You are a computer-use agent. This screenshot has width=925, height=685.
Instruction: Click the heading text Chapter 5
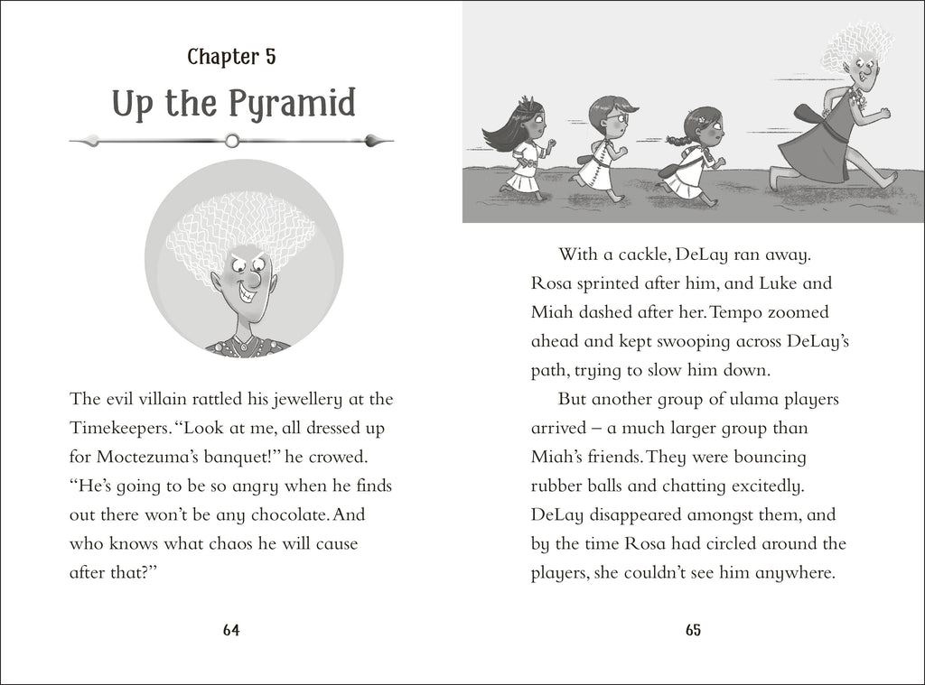(x=231, y=57)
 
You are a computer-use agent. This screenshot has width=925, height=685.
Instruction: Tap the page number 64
(x=230, y=631)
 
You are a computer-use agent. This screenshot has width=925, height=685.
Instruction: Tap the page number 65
(x=693, y=631)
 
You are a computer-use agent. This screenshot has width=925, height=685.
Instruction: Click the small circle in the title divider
(x=232, y=140)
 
